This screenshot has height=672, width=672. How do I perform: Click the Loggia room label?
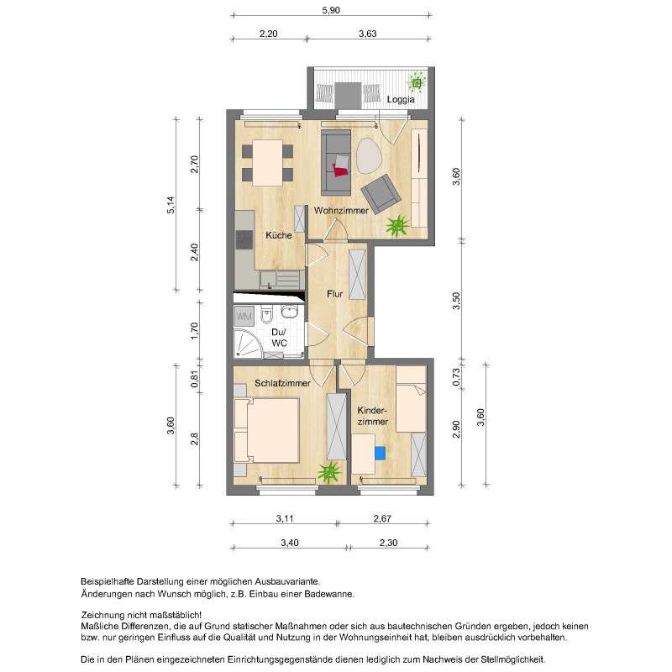coord(402,99)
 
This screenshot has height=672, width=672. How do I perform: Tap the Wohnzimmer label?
coord(341,211)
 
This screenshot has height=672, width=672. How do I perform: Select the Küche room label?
coord(279,235)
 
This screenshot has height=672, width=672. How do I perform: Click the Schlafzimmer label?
coord(283,383)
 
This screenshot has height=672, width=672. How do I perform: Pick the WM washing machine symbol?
coord(244,317)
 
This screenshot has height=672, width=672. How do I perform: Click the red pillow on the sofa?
coord(340,171)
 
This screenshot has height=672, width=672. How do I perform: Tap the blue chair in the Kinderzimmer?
coord(380,453)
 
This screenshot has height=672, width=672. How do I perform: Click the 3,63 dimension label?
coord(367,34)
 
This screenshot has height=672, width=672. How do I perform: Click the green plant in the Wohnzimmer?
coord(396,224)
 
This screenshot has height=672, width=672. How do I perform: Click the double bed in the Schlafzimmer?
coord(270,429)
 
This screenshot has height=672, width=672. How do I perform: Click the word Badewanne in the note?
coord(330,594)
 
